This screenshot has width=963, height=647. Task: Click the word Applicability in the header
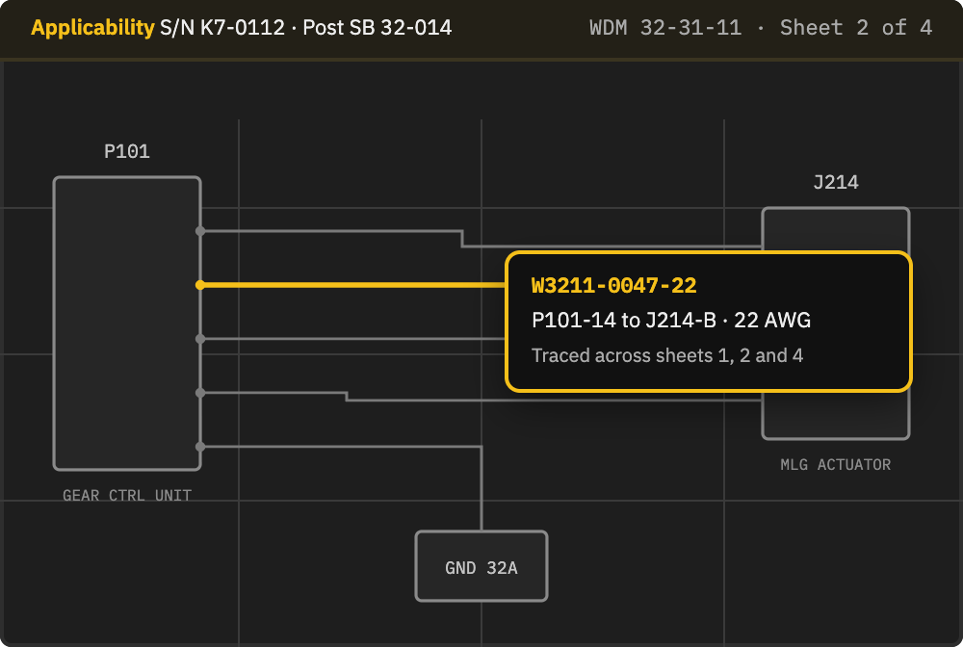(92, 28)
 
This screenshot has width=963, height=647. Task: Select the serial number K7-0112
(243, 28)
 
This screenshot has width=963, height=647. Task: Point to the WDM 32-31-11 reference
(665, 28)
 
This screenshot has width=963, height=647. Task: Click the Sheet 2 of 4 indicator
(856, 28)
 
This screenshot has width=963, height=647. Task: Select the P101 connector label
(127, 151)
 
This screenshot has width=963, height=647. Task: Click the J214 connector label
(836, 182)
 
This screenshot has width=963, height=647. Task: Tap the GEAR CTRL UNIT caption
(127, 496)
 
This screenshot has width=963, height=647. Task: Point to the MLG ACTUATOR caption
(836, 465)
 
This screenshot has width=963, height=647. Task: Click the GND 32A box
(481, 566)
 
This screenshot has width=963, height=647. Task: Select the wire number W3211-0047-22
(614, 285)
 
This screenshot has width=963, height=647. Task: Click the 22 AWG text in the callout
(772, 320)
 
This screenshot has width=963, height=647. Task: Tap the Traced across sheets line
(667, 355)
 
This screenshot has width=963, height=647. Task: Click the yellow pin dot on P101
(200, 285)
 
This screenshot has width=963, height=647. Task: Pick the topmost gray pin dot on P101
(200, 231)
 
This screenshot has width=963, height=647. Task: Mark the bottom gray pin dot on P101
(200, 447)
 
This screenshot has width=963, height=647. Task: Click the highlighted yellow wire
(352, 285)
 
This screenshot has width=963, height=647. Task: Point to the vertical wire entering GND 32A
(481, 489)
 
